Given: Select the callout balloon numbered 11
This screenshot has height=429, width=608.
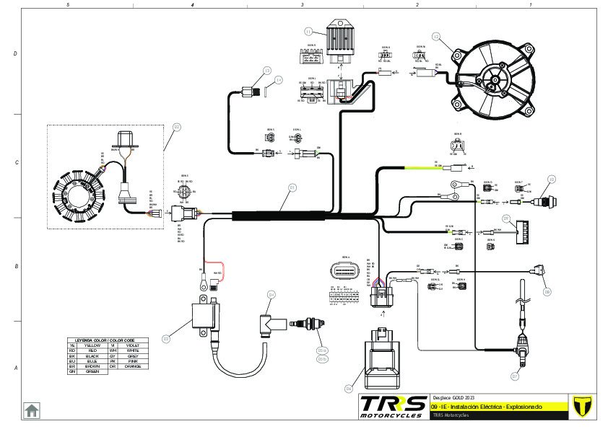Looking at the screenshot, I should tap(308, 32).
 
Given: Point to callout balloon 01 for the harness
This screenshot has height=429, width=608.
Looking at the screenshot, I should tap(292, 187).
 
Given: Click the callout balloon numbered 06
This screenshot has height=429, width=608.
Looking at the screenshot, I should tap(349, 389).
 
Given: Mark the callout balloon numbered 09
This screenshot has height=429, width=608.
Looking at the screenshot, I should tap(547, 292).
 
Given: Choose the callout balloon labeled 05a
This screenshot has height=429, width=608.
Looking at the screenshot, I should tap(322, 350).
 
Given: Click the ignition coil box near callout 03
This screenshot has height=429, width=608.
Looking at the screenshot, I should tap(206, 317).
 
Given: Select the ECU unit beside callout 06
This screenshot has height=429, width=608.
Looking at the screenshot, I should tap(382, 358).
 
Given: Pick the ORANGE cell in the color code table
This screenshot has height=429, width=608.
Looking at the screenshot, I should tap(133, 366).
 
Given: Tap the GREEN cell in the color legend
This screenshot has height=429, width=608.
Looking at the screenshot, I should tap(92, 371).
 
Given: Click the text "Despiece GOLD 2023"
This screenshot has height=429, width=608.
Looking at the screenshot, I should tap(453, 397).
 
